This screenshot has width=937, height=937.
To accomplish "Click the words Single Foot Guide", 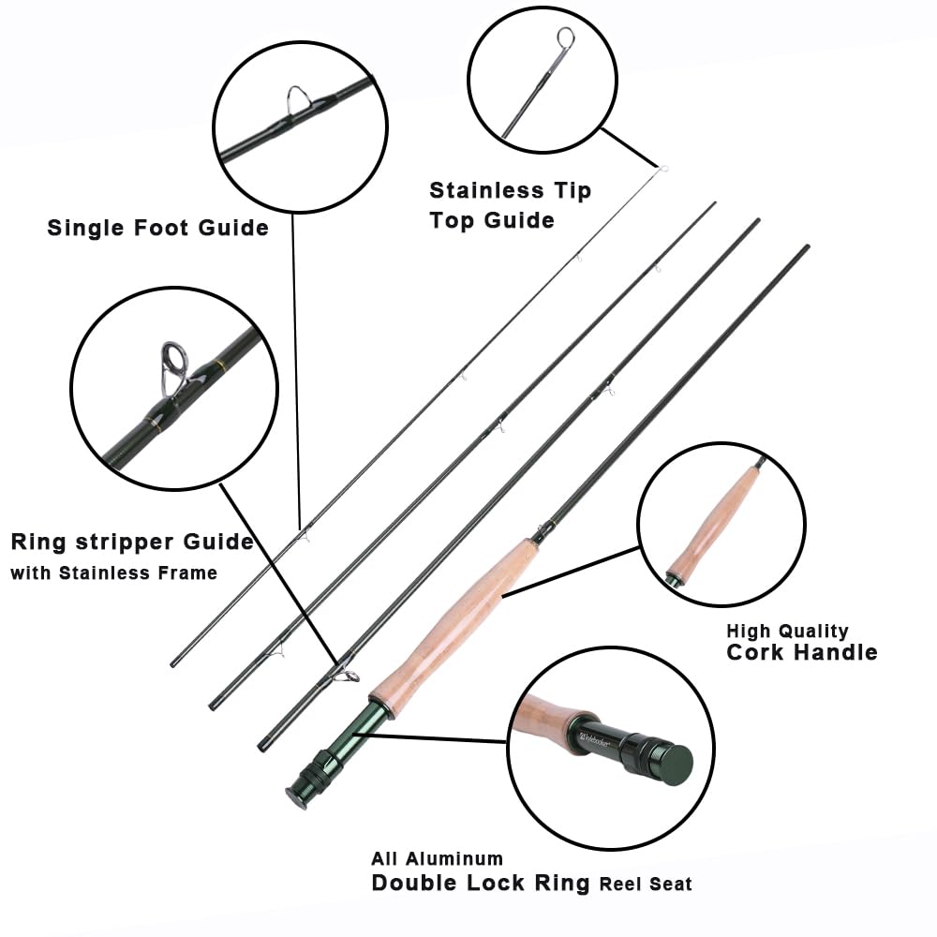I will click(157, 228).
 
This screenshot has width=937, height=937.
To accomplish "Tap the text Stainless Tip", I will click(510, 191).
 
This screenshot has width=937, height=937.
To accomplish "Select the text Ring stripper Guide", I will click(132, 543).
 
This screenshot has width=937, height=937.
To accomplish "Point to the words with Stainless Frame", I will click(113, 573).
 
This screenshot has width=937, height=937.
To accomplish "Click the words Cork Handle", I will click(802, 652).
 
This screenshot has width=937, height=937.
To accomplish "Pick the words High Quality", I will click(787, 631).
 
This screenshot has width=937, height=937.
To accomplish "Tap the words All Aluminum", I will click(437, 858).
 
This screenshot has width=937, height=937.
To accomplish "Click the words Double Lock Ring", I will click(481, 883).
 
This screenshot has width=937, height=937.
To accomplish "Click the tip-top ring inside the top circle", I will click(565, 38).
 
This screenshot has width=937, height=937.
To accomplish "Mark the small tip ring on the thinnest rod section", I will click(662, 170).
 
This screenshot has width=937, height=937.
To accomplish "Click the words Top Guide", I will click(491, 220).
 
